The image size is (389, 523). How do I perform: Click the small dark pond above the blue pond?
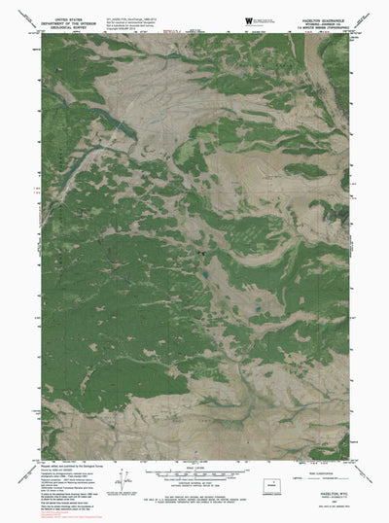coord(203,255)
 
